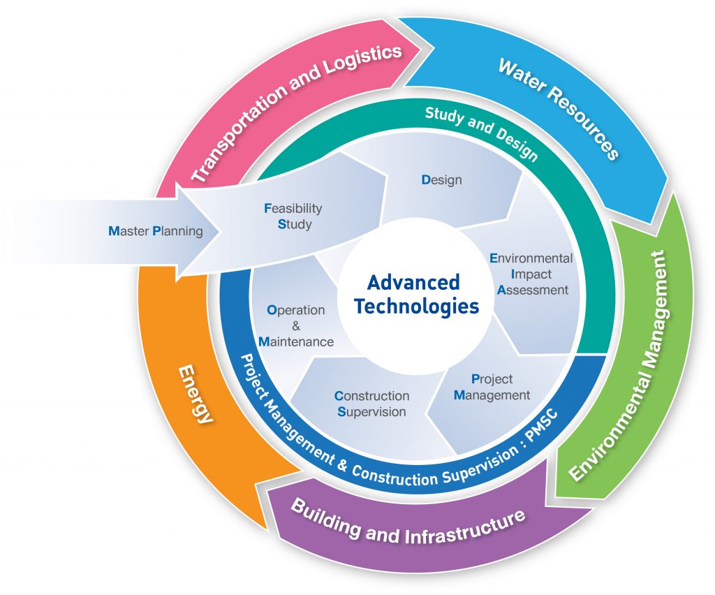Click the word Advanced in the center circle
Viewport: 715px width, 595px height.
[413, 282]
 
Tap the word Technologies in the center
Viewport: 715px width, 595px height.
[416, 306]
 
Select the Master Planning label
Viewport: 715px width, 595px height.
[156, 230]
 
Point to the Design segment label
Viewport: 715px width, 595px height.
[441, 179]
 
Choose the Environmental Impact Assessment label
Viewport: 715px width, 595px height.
[531, 274]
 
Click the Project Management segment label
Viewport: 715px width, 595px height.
[492, 387]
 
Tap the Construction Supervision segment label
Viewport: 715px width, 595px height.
[371, 404]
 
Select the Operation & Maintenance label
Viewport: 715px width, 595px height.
[295, 325]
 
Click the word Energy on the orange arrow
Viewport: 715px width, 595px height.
[194, 394]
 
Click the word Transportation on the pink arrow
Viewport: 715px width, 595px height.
[244, 130]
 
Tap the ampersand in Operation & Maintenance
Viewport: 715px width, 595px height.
[295, 325]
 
